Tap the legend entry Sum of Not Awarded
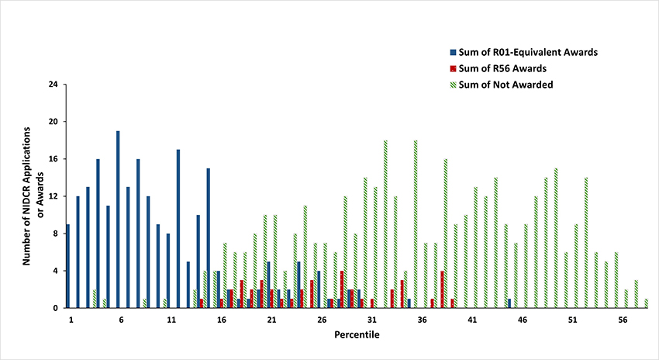(505, 85)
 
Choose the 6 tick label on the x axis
(121, 320)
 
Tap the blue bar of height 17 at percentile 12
(178, 229)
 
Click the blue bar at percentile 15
(209, 238)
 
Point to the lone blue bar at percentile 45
(509, 303)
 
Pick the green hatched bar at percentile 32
(385, 224)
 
